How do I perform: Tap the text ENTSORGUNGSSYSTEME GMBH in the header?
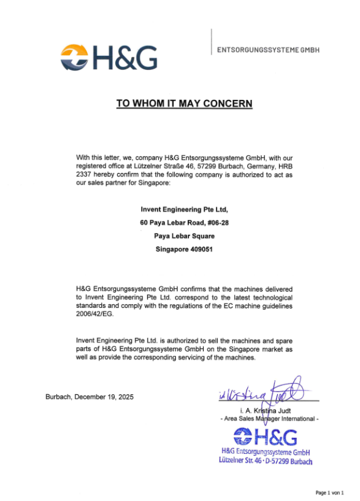click(x=268, y=49)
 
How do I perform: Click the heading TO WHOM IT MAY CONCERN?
click(x=184, y=104)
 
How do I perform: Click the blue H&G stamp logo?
click(x=265, y=437)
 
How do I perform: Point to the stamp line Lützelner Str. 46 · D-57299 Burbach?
click(x=266, y=461)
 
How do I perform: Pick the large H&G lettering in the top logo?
click(x=124, y=57)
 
